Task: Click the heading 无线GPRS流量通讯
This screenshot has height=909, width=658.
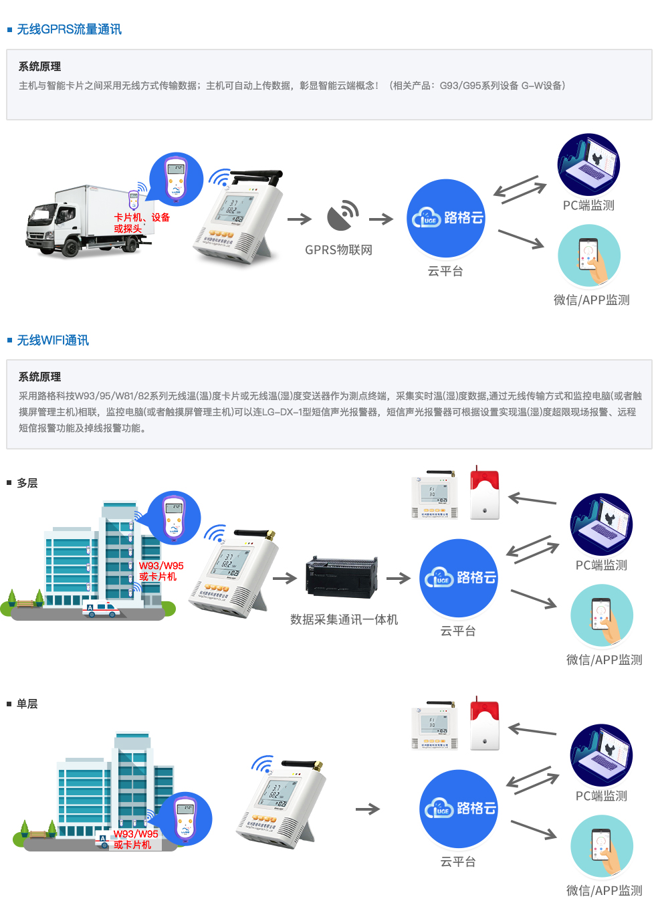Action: (69, 29)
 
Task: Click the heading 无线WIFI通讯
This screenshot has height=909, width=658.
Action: (53, 340)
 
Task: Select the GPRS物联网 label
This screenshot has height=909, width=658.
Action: (338, 250)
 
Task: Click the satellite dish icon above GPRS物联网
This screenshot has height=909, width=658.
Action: (342, 215)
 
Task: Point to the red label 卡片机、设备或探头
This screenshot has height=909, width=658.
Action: (142, 223)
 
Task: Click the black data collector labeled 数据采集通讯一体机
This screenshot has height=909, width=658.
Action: (341, 578)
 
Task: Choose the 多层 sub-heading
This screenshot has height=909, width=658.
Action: (27, 483)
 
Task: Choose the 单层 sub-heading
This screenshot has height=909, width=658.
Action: (27, 704)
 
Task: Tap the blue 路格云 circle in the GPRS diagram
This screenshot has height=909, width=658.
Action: (445, 218)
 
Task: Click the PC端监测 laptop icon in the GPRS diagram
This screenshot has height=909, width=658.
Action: (588, 165)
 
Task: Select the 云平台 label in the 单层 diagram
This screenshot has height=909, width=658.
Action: (458, 862)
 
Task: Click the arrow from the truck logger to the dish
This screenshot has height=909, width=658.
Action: (300, 219)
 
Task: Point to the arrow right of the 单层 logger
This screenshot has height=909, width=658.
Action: (367, 809)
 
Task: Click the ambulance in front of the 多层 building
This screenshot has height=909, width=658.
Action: (101, 609)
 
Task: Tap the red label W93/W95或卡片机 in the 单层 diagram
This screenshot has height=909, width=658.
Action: (136, 839)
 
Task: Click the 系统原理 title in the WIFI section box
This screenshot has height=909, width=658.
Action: (39, 377)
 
